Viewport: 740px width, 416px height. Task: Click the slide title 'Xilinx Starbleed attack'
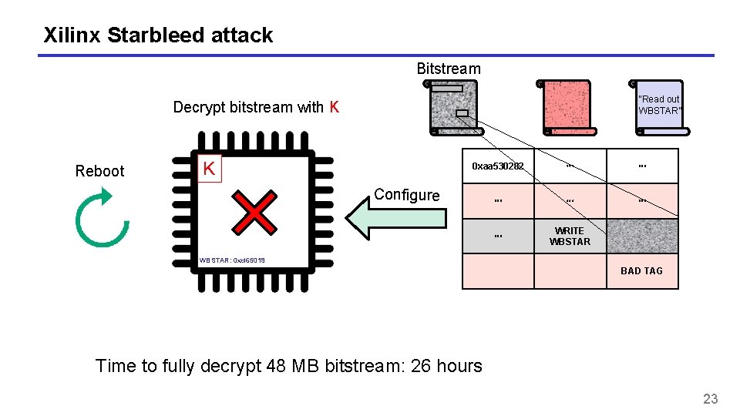(158, 35)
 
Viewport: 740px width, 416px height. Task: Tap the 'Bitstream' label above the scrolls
(448, 69)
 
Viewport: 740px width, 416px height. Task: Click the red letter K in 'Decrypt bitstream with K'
(334, 107)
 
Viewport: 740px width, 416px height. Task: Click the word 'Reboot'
(99, 171)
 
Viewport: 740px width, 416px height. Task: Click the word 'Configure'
(406, 195)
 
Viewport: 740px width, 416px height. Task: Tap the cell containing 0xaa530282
(498, 166)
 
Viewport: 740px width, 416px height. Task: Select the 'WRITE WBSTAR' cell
(570, 237)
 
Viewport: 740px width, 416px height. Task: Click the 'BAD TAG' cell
(641, 271)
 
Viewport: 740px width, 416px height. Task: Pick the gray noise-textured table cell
(642, 237)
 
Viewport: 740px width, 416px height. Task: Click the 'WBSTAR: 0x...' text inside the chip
(232, 261)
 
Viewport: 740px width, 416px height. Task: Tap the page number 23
(710, 398)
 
